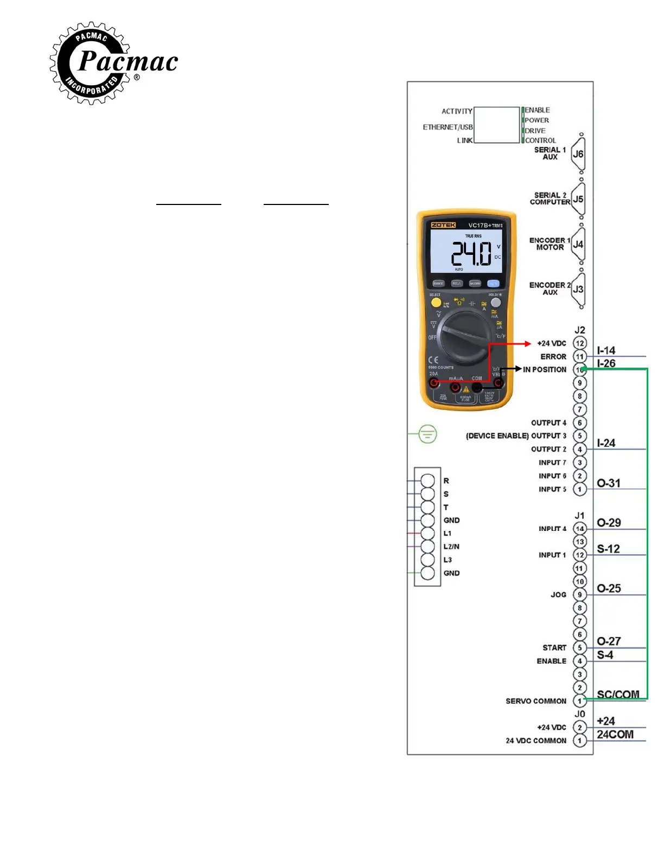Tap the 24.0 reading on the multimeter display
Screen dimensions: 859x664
[x=471, y=253]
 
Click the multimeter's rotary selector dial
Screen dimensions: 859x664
[x=465, y=338]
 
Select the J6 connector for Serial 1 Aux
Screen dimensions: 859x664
[x=578, y=154]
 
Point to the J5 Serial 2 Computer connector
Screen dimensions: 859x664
[x=578, y=199]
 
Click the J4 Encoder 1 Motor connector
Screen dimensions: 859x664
[x=578, y=244]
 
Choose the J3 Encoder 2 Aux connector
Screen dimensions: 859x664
[x=578, y=289]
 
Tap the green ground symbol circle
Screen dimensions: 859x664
[x=427, y=434]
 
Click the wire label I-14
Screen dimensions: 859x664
[x=606, y=350]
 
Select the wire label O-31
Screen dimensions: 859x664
[x=608, y=483]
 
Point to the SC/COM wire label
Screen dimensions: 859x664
[x=618, y=694]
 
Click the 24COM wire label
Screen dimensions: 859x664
[x=615, y=734]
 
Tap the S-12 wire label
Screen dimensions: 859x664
[x=608, y=549]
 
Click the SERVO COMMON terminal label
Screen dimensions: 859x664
[x=535, y=701]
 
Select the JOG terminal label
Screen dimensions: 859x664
[x=558, y=595]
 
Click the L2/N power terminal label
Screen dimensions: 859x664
[x=451, y=547]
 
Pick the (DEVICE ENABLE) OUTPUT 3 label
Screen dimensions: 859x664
[x=516, y=436]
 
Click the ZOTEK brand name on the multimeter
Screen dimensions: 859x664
[x=443, y=225]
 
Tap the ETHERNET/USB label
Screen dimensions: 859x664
[x=448, y=127]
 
